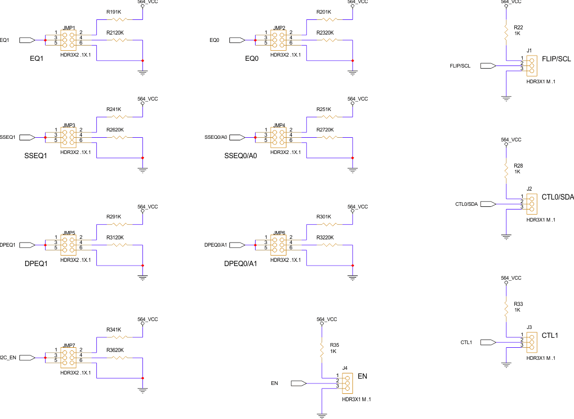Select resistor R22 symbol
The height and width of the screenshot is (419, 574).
[506, 32]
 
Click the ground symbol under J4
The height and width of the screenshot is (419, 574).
[322, 415]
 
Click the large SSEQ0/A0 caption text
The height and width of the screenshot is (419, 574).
[240, 156]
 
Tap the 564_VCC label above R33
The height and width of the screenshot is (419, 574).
[511, 278]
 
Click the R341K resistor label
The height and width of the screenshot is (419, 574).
[114, 330]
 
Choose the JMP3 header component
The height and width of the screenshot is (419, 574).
[69, 137]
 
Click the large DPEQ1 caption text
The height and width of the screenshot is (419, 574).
[36, 263]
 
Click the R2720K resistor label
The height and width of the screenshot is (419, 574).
[325, 129]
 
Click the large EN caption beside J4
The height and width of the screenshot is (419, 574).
[362, 376]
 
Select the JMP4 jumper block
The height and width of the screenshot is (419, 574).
[279, 137]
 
